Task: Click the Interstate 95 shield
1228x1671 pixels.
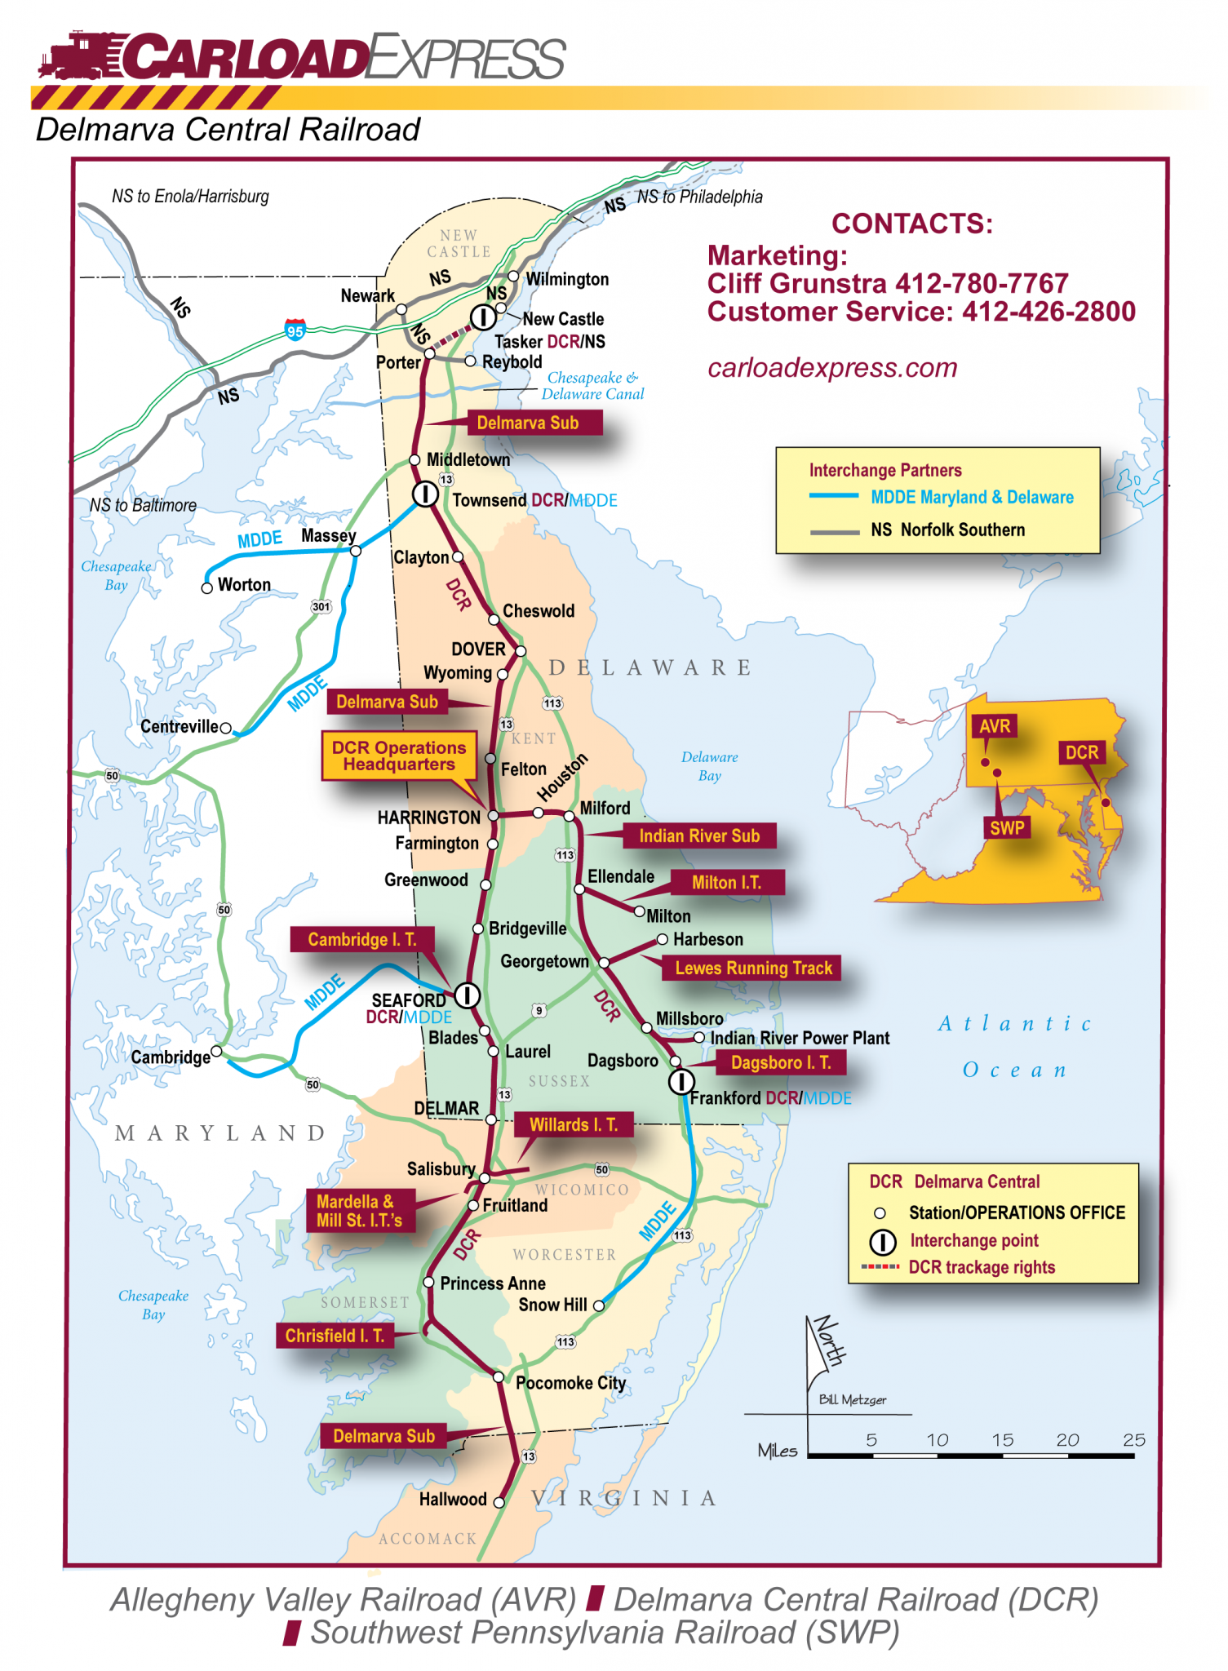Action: pos(295,330)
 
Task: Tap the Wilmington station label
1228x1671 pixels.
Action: pos(566,279)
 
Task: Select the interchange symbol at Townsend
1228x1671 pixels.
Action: pos(424,494)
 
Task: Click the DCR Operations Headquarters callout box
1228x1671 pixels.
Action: pos(399,756)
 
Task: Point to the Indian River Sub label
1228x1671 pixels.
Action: pos(699,835)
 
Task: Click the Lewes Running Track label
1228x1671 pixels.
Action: pos(753,968)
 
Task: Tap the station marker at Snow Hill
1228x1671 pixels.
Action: pos(599,1305)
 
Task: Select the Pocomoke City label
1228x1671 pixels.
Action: pos(570,1382)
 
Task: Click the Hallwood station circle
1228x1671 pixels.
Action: pos(499,1502)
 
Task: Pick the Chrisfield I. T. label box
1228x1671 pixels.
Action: pos(335,1336)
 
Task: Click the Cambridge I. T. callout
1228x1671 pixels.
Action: pos(361,939)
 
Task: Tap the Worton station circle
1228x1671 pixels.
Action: pos(207,587)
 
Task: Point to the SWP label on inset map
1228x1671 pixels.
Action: pos(1007,827)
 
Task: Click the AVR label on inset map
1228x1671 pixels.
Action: pos(995,726)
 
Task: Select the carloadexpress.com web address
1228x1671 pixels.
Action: pos(832,368)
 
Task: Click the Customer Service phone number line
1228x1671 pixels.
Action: pos(920,312)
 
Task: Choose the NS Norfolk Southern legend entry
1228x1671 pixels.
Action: pos(946,530)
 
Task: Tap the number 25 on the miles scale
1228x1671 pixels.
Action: pos(1133,1440)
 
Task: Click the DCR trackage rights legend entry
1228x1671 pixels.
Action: pos(981,1267)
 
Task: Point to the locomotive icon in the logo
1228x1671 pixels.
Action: pos(78,55)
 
